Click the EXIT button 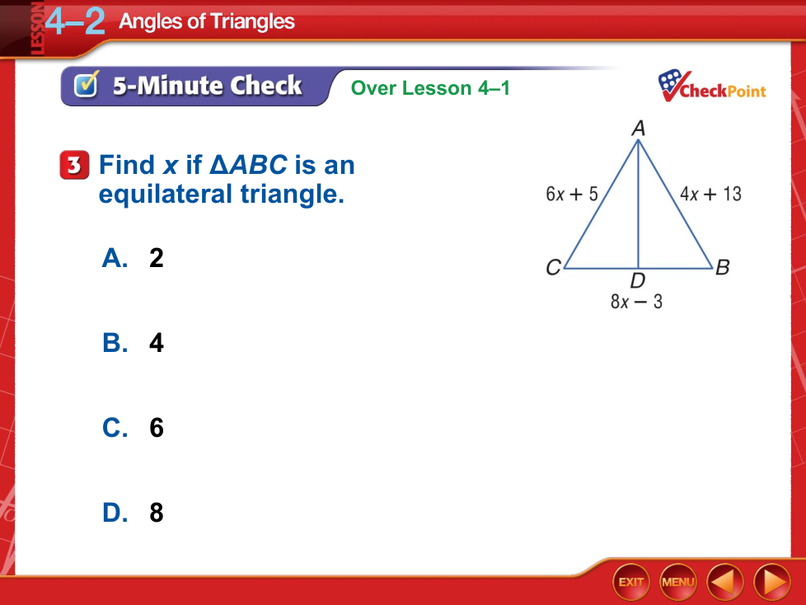tap(630, 582)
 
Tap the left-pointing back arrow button tap(725, 582)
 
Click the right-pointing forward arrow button tap(772, 582)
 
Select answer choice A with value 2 tap(133, 257)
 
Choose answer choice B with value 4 tap(133, 343)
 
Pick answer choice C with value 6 tap(133, 428)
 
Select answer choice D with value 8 tap(133, 513)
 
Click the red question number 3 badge tap(74, 165)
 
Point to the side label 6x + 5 tap(572, 194)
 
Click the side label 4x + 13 tap(710, 194)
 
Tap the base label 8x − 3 tap(636, 301)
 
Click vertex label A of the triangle tap(639, 128)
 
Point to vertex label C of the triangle tap(553, 267)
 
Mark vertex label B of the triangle tap(722, 267)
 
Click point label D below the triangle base tap(638, 280)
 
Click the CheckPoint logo tap(712, 87)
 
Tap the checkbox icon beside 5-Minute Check tap(86, 84)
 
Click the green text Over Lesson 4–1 tap(430, 88)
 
